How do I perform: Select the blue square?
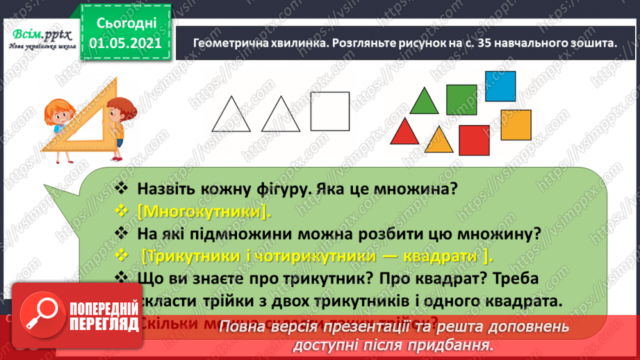click(x=500, y=86)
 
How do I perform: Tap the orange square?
click(x=516, y=124)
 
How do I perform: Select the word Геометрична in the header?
click(x=222, y=42)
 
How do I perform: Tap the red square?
click(x=475, y=141)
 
